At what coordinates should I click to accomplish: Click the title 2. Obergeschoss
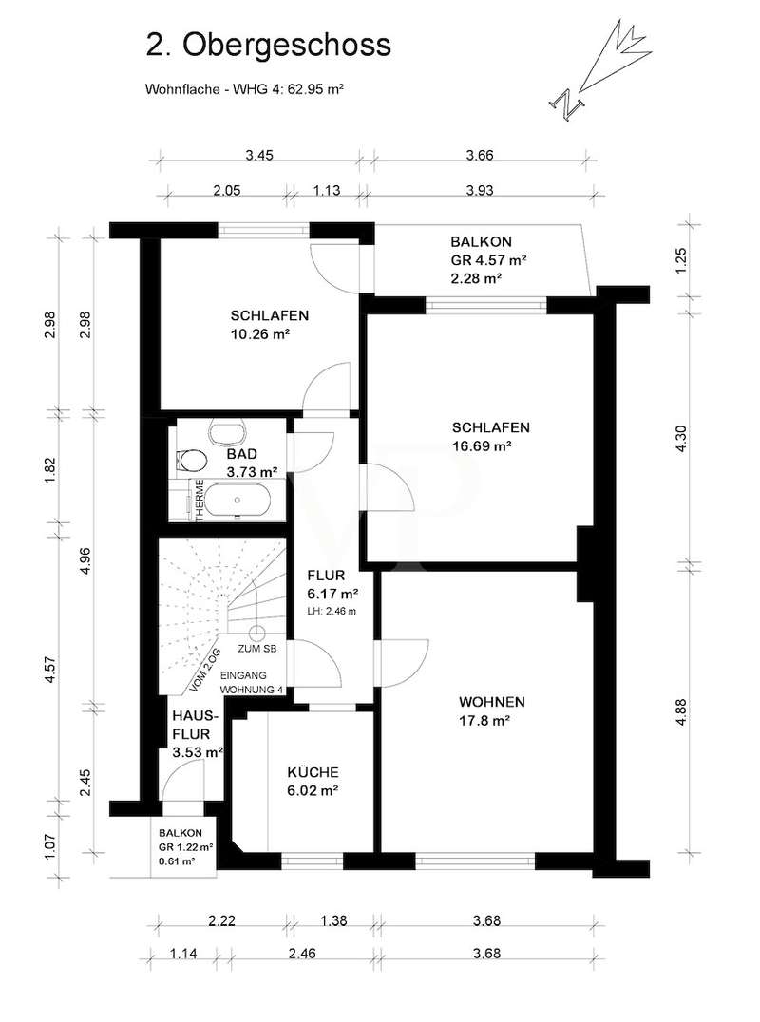268,47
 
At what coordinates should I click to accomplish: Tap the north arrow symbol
599,68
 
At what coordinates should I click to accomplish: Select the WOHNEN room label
492,702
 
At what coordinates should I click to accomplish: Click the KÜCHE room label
313,772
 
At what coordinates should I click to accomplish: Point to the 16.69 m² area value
481,446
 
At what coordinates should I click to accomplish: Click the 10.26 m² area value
260,334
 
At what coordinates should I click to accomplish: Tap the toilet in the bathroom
191,460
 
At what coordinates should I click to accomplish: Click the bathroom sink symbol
227,431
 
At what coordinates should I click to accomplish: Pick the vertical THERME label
199,500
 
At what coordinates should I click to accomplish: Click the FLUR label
326,577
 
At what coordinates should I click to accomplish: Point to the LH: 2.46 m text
332,612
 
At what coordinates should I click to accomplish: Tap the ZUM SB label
256,649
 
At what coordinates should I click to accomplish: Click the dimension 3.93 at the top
480,190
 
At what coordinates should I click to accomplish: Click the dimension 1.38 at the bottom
333,921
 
